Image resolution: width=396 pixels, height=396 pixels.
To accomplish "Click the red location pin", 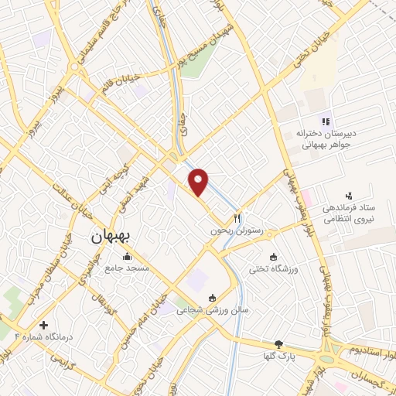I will (200, 181).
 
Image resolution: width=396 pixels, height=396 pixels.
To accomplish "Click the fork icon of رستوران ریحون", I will (239, 219).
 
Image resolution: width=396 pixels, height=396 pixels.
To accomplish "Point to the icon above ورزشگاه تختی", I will (272, 257).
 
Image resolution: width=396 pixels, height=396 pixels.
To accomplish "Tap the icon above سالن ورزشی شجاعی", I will (213, 297).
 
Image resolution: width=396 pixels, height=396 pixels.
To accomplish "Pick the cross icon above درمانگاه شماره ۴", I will (43, 326).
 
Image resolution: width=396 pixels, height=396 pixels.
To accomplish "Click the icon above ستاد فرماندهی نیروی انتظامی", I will (348, 196).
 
